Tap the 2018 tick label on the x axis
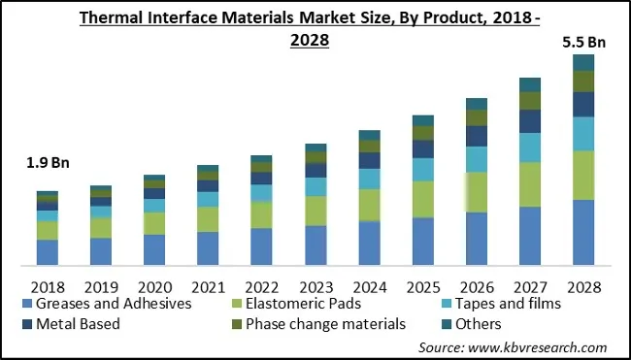pos(47,287)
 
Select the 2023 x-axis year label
pos(315,287)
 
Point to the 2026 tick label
pos(477,287)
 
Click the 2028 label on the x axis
pos(583,287)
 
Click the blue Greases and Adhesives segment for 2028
pos(583,232)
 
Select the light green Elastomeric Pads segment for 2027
pos(530,184)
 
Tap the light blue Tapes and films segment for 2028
pos(583,134)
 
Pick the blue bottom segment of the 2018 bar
pos(48,251)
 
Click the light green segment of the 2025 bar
pos(422,199)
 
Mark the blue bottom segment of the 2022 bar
pos(262,246)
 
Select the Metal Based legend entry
pos(78,324)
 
